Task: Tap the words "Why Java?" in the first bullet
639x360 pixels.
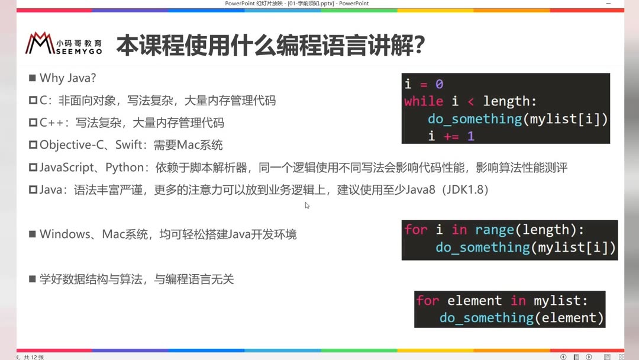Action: click(67, 78)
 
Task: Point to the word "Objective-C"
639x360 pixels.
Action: click(70, 145)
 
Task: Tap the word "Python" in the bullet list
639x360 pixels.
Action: click(125, 168)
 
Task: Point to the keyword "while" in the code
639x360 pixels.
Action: click(423, 101)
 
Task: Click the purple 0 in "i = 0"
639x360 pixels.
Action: click(439, 84)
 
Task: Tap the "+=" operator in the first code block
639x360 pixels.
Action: click(451, 136)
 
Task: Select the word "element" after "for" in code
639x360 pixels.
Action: click(474, 301)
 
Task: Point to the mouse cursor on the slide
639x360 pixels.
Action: click(307, 205)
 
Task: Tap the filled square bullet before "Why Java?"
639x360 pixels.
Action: click(32, 78)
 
